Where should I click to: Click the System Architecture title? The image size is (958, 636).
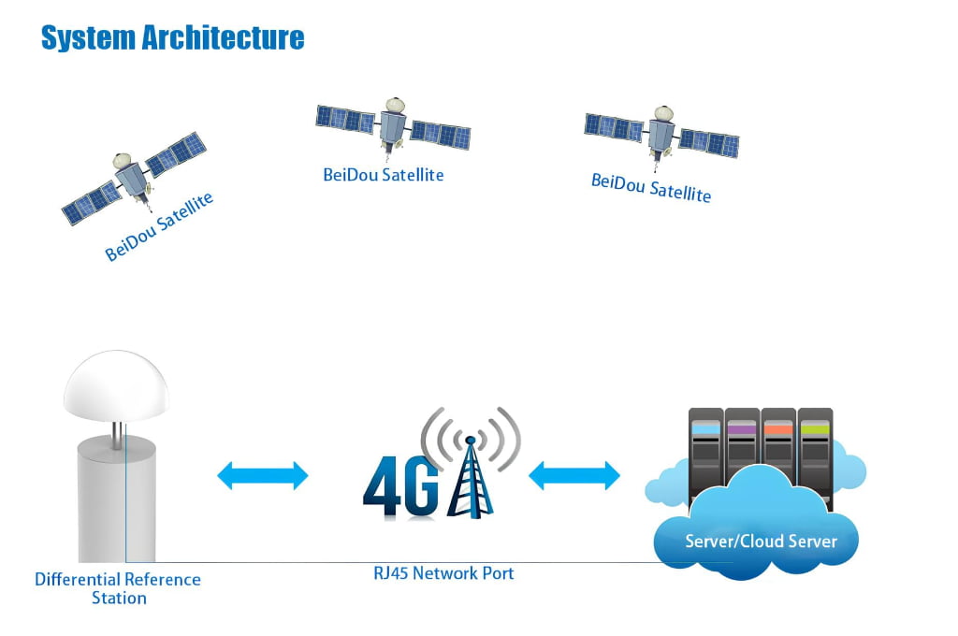(173, 37)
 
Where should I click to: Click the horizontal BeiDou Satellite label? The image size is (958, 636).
(383, 174)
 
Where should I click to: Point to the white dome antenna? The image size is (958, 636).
(116, 388)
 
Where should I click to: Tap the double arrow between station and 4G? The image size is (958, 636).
(263, 475)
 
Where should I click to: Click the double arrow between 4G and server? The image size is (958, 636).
(574, 475)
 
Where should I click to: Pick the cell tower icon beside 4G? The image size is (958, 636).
(470, 468)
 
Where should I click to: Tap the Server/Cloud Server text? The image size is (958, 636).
(761, 541)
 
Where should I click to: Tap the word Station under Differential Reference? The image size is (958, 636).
(119, 598)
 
